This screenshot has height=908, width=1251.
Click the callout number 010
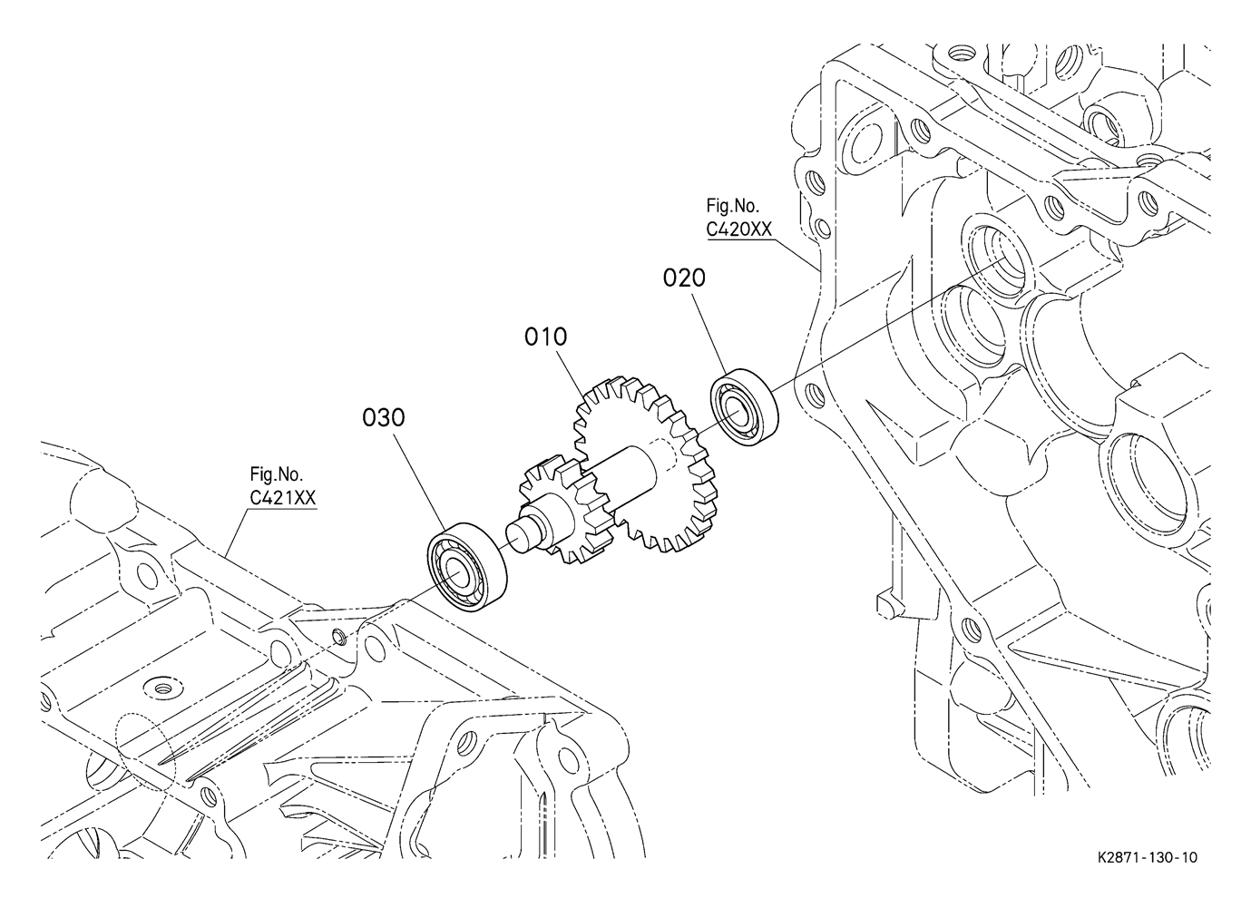pyautogui.click(x=545, y=337)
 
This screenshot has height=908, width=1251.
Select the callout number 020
pyautogui.click(x=684, y=278)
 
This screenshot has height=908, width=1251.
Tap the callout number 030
pyautogui.click(x=384, y=417)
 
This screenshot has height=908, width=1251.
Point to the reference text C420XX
pyautogui.click(x=738, y=229)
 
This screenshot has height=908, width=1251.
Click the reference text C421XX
pyautogui.click(x=283, y=498)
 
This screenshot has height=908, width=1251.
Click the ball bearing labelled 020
pyautogui.click(x=745, y=407)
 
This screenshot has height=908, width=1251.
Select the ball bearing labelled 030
pyautogui.click(x=467, y=567)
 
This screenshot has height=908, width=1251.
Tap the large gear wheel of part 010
pyautogui.click(x=646, y=464)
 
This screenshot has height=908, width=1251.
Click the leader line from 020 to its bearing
pyautogui.click(x=711, y=334)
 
